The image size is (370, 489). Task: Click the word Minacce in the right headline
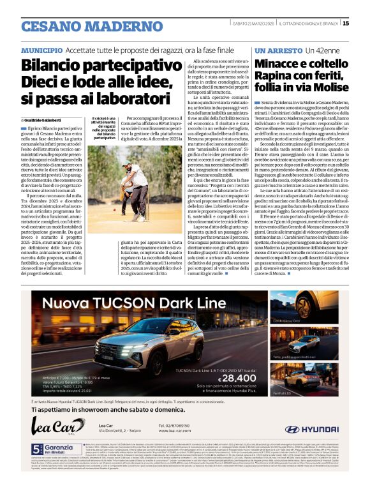click(x=283, y=65)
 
